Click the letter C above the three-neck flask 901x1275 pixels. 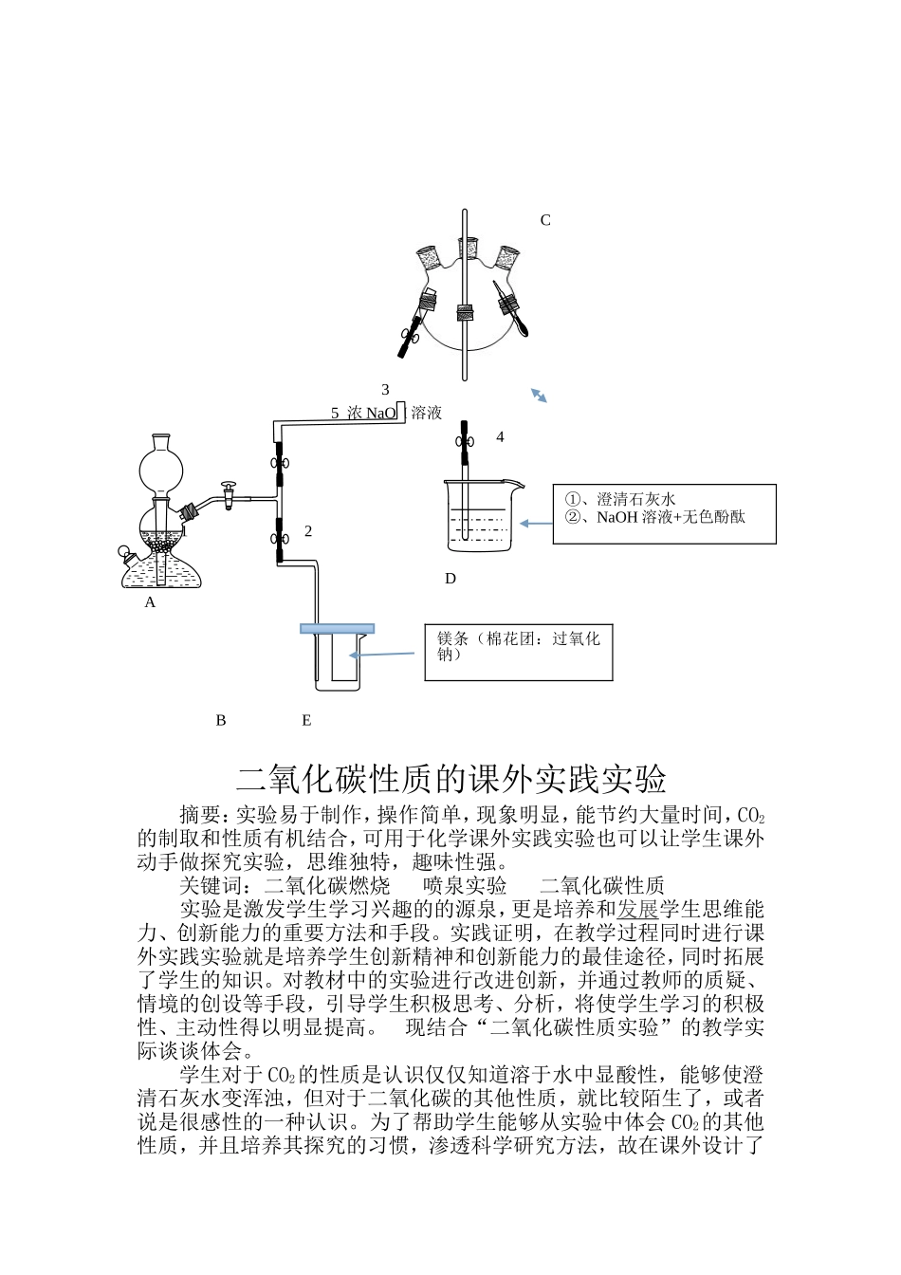(x=545, y=220)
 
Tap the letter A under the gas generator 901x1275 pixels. (x=150, y=602)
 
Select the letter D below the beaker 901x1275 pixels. (x=450, y=579)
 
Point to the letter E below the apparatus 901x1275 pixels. (x=306, y=721)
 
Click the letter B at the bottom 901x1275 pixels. (x=221, y=721)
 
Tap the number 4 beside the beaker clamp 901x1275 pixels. (x=500, y=437)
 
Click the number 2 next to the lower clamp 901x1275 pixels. (x=308, y=531)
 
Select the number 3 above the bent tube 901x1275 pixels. (x=385, y=390)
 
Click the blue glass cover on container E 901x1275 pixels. (x=337, y=628)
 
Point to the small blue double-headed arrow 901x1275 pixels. (x=539, y=396)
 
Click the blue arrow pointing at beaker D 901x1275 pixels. (x=536, y=523)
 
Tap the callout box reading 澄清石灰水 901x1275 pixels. (x=664, y=513)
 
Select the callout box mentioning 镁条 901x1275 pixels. (x=518, y=652)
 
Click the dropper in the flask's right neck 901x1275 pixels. (x=517, y=314)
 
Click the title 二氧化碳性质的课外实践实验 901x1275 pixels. (x=450, y=779)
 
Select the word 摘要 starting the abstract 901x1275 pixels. (x=200, y=815)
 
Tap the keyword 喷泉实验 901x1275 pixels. (x=465, y=886)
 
